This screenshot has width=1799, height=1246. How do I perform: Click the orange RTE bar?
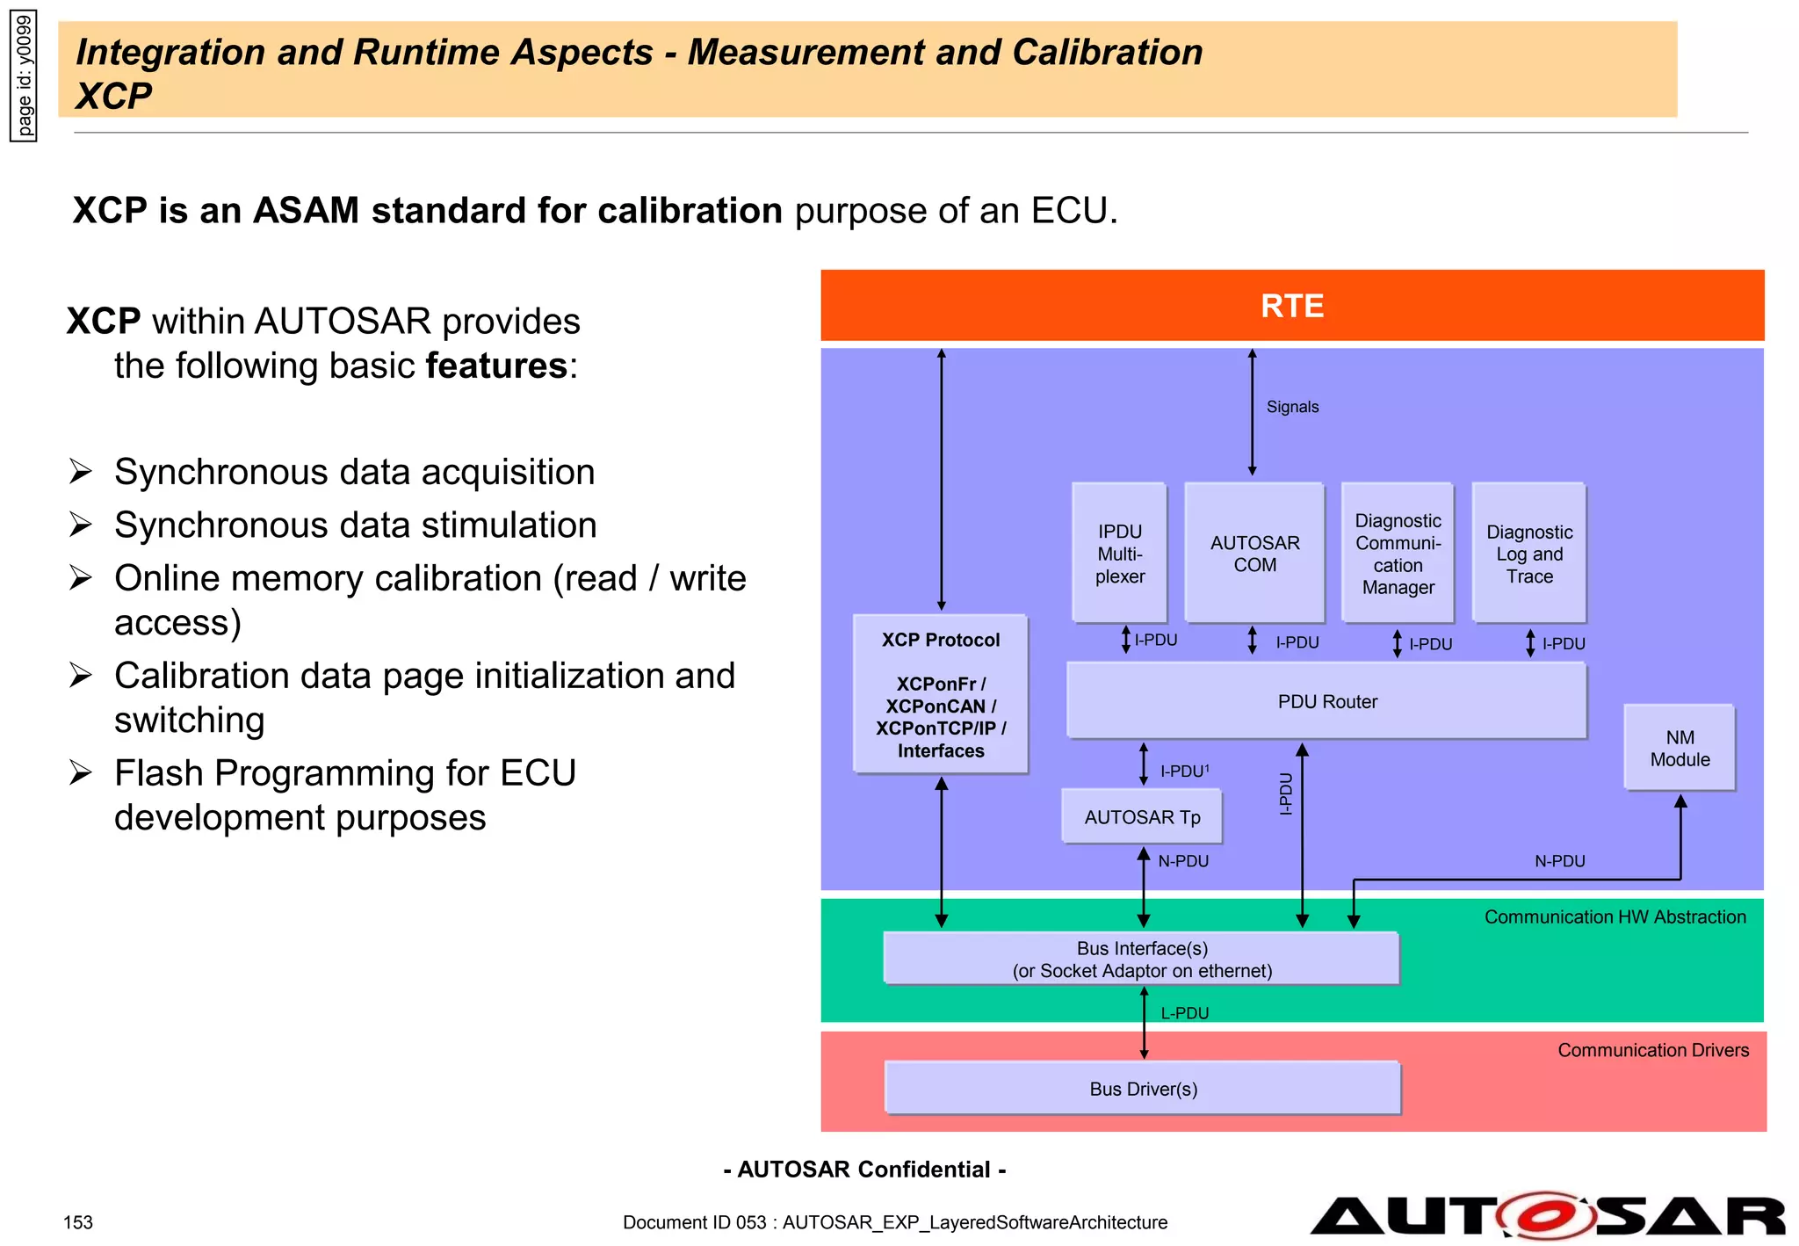pyautogui.click(x=1291, y=306)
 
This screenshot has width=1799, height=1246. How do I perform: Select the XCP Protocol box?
pyautogui.click(x=940, y=694)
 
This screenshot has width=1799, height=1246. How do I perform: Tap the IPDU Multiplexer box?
pyautogui.click(x=1119, y=553)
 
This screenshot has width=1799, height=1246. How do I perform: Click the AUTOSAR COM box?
pyautogui.click(x=1254, y=553)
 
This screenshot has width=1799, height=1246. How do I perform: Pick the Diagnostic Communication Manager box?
pyautogui.click(x=1398, y=553)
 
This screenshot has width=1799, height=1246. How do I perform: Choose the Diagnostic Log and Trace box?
pyautogui.click(x=1529, y=553)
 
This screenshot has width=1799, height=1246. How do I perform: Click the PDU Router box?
pyautogui.click(x=1326, y=701)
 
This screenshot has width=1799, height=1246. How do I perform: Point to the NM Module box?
pyautogui.click(x=1680, y=748)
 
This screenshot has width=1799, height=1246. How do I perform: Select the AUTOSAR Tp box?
pyautogui.click(x=1142, y=817)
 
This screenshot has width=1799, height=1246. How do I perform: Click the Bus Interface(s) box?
pyautogui.click(x=1142, y=959)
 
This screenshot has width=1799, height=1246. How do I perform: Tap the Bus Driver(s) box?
pyautogui.click(x=1143, y=1089)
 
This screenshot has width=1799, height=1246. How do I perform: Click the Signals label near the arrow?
pyautogui.click(x=1292, y=407)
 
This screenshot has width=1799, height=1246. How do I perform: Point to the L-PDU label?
pyautogui.click(x=1184, y=1013)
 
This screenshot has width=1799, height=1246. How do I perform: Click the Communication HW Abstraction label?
pyautogui.click(x=1615, y=916)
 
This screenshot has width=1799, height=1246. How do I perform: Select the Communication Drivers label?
pyautogui.click(x=1652, y=1050)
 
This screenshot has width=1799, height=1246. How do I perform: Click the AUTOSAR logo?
pyautogui.click(x=1546, y=1216)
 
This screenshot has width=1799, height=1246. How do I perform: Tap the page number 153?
pyautogui.click(x=78, y=1222)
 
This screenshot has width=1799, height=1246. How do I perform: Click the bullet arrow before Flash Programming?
pyautogui.click(x=81, y=772)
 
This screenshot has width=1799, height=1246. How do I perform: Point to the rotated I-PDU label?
pyautogui.click(x=1285, y=793)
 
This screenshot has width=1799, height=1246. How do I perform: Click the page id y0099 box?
pyautogui.click(x=24, y=76)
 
